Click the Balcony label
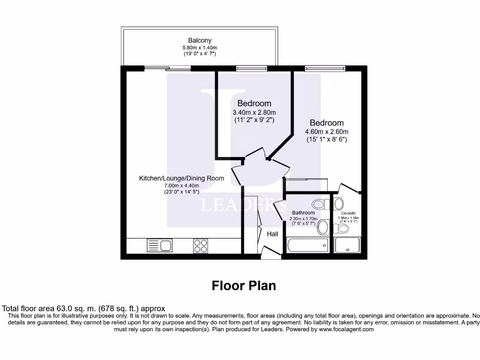[x=200, y=40]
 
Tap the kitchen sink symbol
[x=159, y=245]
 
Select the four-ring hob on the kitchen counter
[x=201, y=246]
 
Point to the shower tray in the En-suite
[x=347, y=245]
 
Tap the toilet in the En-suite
[x=343, y=228]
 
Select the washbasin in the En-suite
[x=338, y=204]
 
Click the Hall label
[x=272, y=234]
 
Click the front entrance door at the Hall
[x=271, y=254]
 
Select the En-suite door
[x=348, y=188]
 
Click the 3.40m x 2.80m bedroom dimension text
[x=254, y=112]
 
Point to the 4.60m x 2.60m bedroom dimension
[x=326, y=132]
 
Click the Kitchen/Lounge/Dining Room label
[x=181, y=178]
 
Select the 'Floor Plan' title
[x=244, y=285]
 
